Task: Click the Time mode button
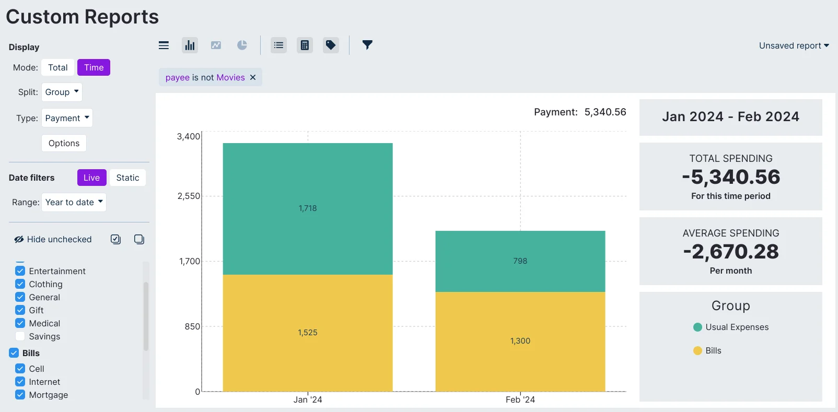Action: tap(94, 67)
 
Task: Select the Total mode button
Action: tap(57, 67)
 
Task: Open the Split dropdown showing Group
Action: tap(62, 92)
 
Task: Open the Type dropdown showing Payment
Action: tap(67, 118)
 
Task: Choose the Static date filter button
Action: tap(127, 178)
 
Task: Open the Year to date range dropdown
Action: tap(74, 202)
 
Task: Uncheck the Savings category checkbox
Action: tap(20, 336)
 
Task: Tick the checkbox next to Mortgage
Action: tap(20, 395)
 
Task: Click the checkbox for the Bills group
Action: tap(14, 353)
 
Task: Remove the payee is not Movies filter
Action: tap(253, 77)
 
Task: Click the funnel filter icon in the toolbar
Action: tap(367, 45)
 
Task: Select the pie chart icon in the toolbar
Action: tap(242, 45)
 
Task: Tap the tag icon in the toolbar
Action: tap(331, 45)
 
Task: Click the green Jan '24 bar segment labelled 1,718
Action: tap(308, 208)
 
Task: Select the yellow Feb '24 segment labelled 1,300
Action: tap(520, 341)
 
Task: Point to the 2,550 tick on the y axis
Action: tap(189, 196)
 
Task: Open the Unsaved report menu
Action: tap(794, 45)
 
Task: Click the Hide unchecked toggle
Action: tap(53, 239)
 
